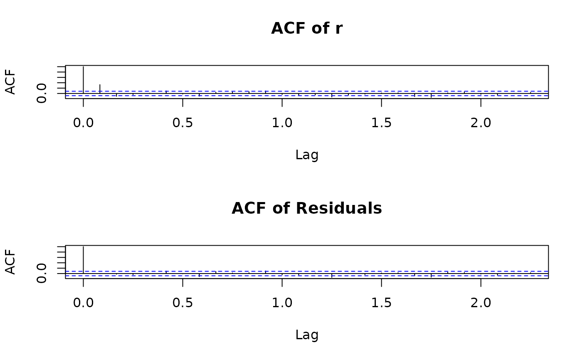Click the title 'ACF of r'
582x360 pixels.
(x=307, y=28)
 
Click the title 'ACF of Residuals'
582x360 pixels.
(x=307, y=208)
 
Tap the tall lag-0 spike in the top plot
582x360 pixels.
(x=84, y=79)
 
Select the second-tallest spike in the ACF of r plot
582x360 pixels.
(x=100, y=89)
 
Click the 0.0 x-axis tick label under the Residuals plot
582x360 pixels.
(x=83, y=303)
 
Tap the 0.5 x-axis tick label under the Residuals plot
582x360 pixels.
(x=182, y=303)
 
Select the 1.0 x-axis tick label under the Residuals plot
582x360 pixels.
(x=282, y=303)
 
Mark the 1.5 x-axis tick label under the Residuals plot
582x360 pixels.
(x=381, y=303)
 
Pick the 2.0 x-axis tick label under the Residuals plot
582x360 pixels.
(x=481, y=303)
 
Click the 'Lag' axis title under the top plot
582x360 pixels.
(x=307, y=155)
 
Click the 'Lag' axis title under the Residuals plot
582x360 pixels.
(x=307, y=335)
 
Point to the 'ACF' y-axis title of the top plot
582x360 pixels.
(x=11, y=82)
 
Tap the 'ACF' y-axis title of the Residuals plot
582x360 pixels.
(x=11, y=262)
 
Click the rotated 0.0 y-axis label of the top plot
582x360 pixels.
(x=42, y=93)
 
